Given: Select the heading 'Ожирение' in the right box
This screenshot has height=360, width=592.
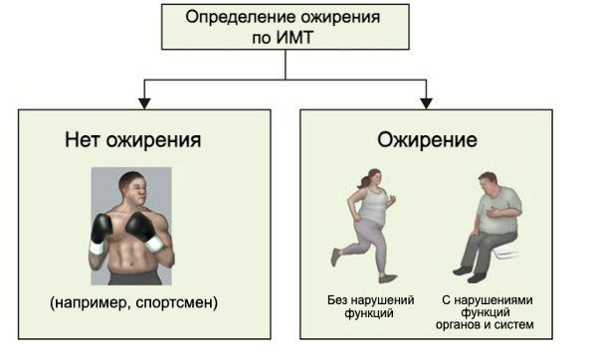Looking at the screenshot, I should pos(426,140).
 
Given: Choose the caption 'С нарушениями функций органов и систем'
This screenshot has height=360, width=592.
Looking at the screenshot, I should pos(488,311).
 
